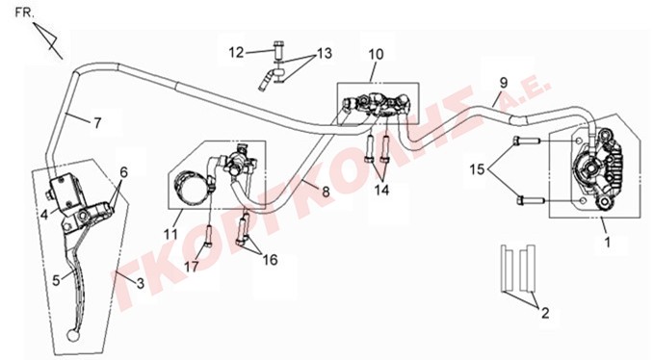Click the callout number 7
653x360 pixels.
(x=97, y=123)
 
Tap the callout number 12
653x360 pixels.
(x=236, y=52)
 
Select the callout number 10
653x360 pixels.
(x=376, y=54)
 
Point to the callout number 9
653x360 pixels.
(x=504, y=83)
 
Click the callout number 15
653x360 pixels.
(x=478, y=169)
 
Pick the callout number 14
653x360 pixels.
(x=382, y=191)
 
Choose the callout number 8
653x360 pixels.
(x=326, y=192)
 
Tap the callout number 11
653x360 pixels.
(x=170, y=234)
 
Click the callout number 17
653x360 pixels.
(x=192, y=267)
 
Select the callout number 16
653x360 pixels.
(x=271, y=260)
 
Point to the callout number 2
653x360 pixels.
(x=545, y=313)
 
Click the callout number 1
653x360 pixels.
(x=608, y=242)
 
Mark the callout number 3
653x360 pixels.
(x=141, y=283)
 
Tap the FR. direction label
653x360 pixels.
(x=25, y=13)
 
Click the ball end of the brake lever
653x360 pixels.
(x=72, y=335)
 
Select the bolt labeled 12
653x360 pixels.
(x=277, y=51)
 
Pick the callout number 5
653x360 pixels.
(x=56, y=280)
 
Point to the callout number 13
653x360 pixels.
(x=325, y=54)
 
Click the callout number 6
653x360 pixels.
(x=123, y=172)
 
